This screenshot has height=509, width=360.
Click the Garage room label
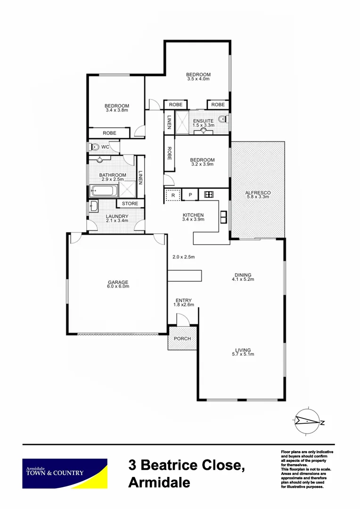[118, 282]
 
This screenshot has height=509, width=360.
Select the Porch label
[182, 338]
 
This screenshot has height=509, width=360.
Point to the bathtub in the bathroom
[103, 191]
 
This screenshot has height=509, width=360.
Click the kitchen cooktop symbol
[209, 194]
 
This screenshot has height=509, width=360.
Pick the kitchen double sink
[223, 216]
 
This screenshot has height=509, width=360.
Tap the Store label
[130, 204]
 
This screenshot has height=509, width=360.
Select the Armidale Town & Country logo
[65, 473]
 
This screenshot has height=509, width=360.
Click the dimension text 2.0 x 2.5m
[183, 257]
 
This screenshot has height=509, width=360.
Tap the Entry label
[183, 300]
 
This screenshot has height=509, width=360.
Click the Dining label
[243, 275]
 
